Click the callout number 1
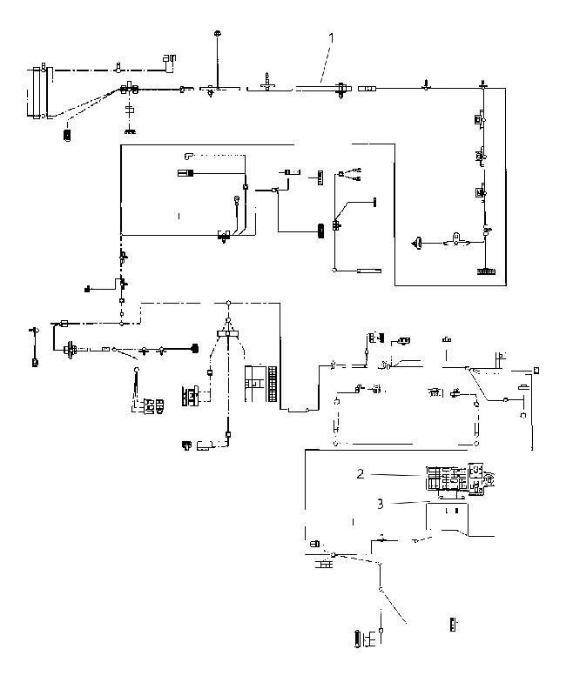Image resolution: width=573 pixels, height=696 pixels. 331,38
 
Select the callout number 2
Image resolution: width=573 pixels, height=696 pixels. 361,474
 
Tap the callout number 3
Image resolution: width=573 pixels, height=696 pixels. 381,504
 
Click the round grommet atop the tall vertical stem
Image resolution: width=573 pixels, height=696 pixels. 218,33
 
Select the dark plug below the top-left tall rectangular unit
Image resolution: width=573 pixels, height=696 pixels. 68,136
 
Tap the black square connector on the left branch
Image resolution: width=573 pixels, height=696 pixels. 87,290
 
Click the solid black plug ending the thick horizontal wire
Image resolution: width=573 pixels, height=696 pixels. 194,349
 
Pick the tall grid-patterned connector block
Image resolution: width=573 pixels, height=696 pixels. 273,384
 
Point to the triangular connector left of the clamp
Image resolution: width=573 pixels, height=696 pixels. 417,243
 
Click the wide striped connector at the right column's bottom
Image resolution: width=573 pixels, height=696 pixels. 487,271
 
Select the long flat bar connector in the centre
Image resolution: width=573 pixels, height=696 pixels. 369,271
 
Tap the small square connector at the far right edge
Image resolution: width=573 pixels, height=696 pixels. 536,370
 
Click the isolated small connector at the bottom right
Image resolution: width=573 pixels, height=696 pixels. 453,625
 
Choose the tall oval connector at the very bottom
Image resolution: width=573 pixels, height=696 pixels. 357,639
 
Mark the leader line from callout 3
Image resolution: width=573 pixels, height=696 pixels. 410,503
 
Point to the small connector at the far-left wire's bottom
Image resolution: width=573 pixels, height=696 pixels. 35,363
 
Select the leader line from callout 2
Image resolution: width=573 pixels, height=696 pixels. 396,475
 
